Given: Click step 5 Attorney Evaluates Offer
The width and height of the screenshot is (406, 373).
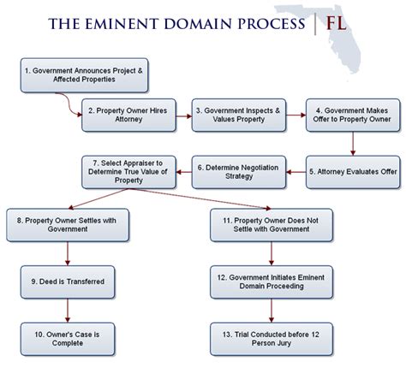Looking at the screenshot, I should [x=352, y=171].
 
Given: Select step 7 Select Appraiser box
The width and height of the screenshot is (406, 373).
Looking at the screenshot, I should [x=128, y=171].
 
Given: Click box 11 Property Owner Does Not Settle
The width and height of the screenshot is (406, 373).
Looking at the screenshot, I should [x=266, y=224].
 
